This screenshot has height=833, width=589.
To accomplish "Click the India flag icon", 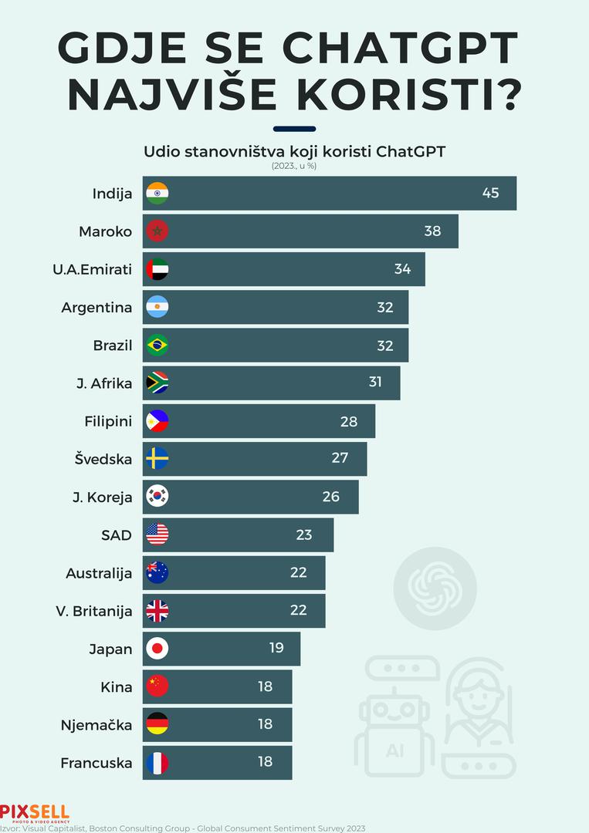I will pos(157,194).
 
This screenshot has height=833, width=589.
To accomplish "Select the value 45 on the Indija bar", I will pos(491,193).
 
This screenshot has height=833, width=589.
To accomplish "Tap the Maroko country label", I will pos(106,231).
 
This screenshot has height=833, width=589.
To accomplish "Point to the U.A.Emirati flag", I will pos(157,269).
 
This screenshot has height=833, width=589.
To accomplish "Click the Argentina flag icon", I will pos(157,307).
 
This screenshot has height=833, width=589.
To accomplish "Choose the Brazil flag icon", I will pos(157,345).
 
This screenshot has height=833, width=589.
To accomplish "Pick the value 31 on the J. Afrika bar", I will pos(375,383).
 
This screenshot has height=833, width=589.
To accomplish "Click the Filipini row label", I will pos(108,421).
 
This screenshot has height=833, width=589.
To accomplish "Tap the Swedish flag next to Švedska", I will pos(157,459).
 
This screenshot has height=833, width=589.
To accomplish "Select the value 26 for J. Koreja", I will pos(331,497).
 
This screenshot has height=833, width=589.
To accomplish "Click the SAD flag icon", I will pos(157,535).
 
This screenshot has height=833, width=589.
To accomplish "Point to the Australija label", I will pos(99,573).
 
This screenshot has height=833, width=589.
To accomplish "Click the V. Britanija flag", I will pos(157,611).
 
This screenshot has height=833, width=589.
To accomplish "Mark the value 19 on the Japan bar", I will pos(276,648).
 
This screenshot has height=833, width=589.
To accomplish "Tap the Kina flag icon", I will pos(157,686).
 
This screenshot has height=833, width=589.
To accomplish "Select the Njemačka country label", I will pos(96,725).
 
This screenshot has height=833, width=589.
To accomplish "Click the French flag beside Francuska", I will pos(157,763).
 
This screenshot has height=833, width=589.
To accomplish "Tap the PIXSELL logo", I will pos(35,812).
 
